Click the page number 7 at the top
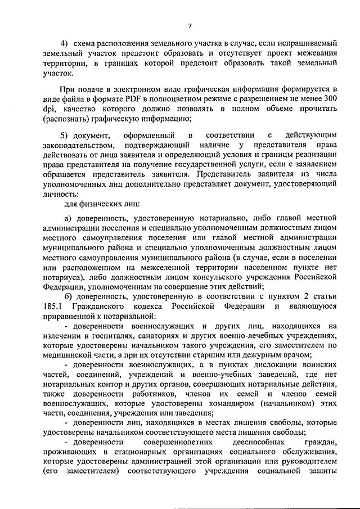(190, 25)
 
